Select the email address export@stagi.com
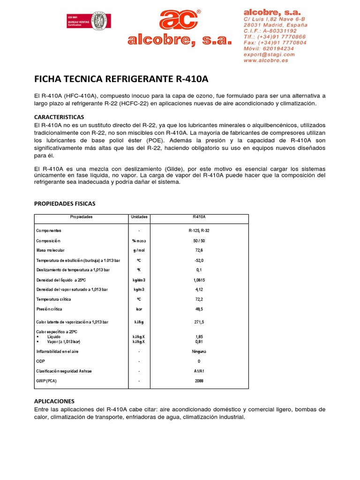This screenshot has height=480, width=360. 269,54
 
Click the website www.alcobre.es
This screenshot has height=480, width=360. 266,60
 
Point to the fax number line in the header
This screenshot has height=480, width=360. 275,42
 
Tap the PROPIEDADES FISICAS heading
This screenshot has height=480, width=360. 65,204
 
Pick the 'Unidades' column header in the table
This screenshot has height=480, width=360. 139,217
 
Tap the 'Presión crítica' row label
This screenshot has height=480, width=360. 49,309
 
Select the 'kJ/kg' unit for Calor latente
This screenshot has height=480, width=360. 139,322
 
